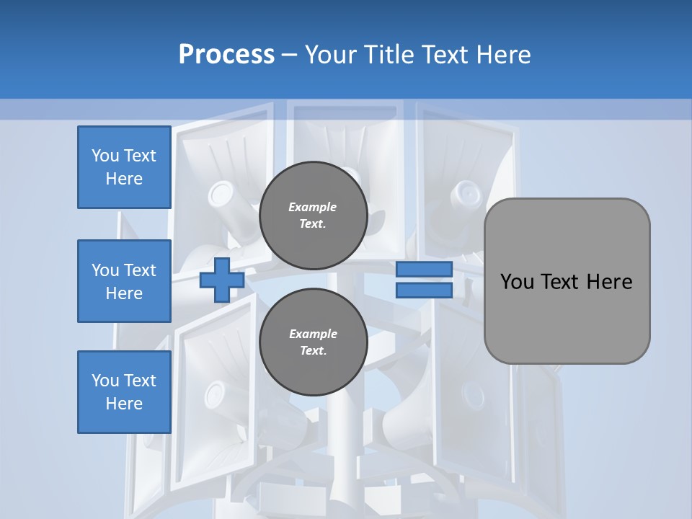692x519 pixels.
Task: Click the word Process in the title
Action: click(x=226, y=54)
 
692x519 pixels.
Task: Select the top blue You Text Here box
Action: click(x=124, y=167)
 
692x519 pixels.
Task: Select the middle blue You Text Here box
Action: click(x=124, y=281)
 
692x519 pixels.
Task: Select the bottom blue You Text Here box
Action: click(x=124, y=392)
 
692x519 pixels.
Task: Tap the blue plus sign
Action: click(x=221, y=280)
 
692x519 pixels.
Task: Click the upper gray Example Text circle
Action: click(x=313, y=216)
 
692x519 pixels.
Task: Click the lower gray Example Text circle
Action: click(x=313, y=342)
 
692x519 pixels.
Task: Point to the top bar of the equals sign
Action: click(x=424, y=270)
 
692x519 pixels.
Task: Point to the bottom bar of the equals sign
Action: click(x=424, y=290)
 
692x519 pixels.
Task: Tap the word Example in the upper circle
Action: click(x=313, y=207)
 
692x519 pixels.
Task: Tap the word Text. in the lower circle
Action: click(x=313, y=351)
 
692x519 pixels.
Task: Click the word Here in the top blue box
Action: click(x=124, y=179)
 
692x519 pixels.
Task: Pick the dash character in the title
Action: click(x=289, y=54)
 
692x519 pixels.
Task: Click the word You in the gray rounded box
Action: click(x=517, y=282)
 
